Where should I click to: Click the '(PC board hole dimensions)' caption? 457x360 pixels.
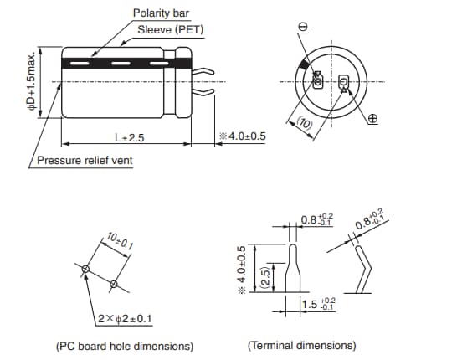pos(125,346)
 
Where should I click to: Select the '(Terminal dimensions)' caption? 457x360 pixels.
pos(302,346)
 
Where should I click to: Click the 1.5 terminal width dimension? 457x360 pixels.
pos(318,304)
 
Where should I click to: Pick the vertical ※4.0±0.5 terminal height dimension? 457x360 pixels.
pos(242,269)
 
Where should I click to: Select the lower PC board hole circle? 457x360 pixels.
pos(114,284)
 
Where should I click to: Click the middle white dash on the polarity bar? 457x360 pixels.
pos(121,63)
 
